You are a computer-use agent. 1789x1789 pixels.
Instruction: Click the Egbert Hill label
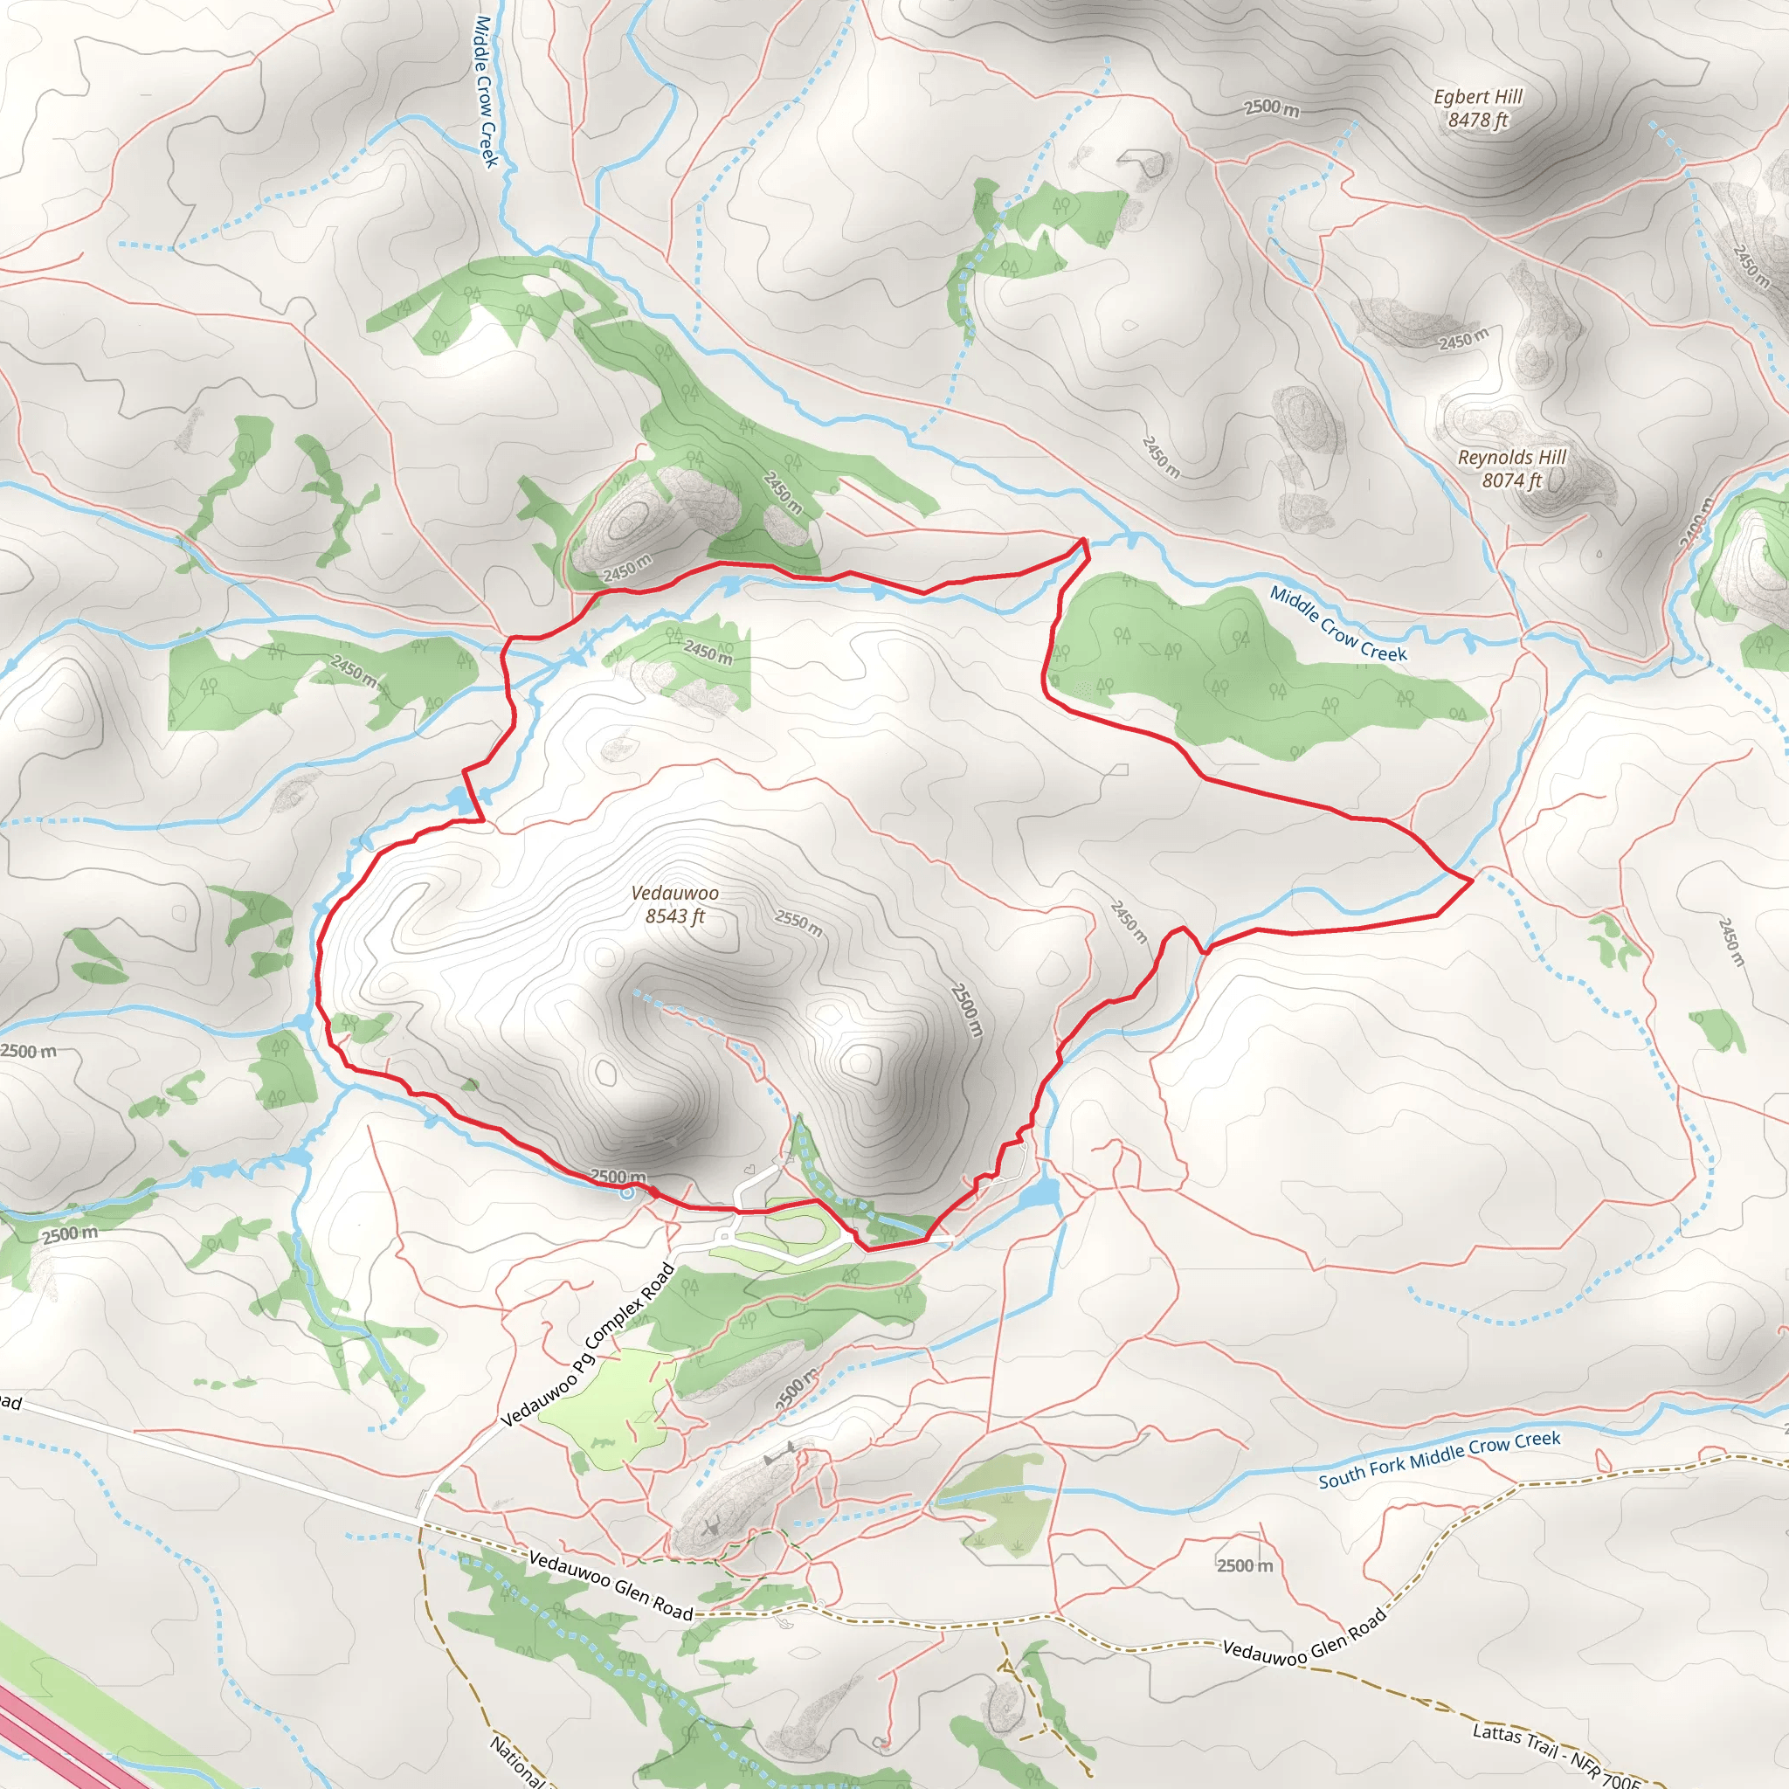coord(1478,96)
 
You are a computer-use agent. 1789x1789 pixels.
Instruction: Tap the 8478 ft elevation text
coord(1478,121)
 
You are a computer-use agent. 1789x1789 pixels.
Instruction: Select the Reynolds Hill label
coord(1511,458)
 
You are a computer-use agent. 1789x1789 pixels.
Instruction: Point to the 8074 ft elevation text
coord(1511,480)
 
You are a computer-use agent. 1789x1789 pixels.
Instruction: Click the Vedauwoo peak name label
coord(674,893)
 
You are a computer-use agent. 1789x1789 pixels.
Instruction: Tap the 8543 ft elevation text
coord(674,916)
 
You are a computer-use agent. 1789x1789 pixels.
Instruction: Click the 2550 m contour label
coord(798,922)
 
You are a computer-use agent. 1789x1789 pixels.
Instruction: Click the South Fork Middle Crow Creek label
coord(1439,1459)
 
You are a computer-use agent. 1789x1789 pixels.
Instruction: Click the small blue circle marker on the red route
coord(627,1192)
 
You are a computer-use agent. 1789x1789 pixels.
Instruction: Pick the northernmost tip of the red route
coord(1082,539)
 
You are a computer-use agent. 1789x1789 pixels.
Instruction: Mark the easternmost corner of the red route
coord(1471,881)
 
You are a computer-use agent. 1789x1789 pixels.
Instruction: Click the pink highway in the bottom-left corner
coord(56,1741)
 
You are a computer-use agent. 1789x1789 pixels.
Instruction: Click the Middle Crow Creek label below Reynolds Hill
coord(1337,624)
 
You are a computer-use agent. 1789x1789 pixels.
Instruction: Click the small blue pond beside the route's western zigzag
coord(459,800)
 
